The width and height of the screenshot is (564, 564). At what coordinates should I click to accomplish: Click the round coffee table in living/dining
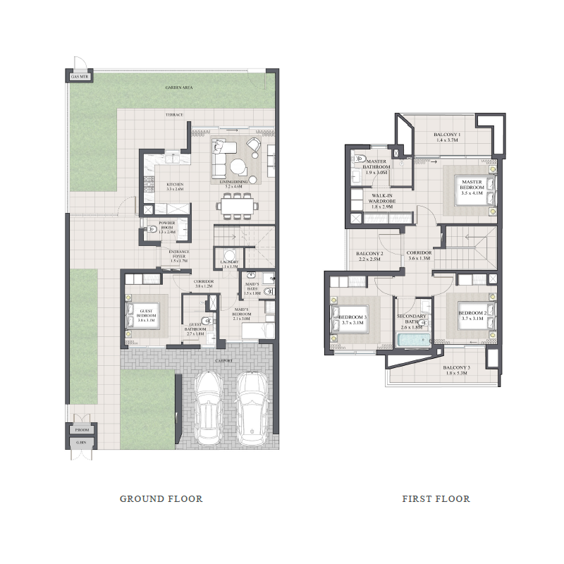[238, 166]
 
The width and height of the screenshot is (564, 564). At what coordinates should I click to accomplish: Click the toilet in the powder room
[152, 228]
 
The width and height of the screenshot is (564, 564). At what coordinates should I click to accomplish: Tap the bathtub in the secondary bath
[414, 341]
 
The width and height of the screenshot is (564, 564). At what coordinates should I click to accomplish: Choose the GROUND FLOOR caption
[161, 498]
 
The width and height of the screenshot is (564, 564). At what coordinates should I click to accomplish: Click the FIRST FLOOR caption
[436, 498]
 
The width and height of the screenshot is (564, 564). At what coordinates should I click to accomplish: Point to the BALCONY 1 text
[447, 135]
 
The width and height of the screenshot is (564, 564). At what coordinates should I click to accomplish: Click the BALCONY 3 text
[457, 368]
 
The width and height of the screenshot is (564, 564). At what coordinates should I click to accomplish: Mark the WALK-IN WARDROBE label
[381, 198]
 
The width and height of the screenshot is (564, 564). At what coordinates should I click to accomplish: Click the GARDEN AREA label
[179, 88]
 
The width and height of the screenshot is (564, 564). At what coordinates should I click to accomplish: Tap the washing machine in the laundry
[228, 257]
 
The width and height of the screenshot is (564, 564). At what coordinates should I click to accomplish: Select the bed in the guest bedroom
[140, 314]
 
